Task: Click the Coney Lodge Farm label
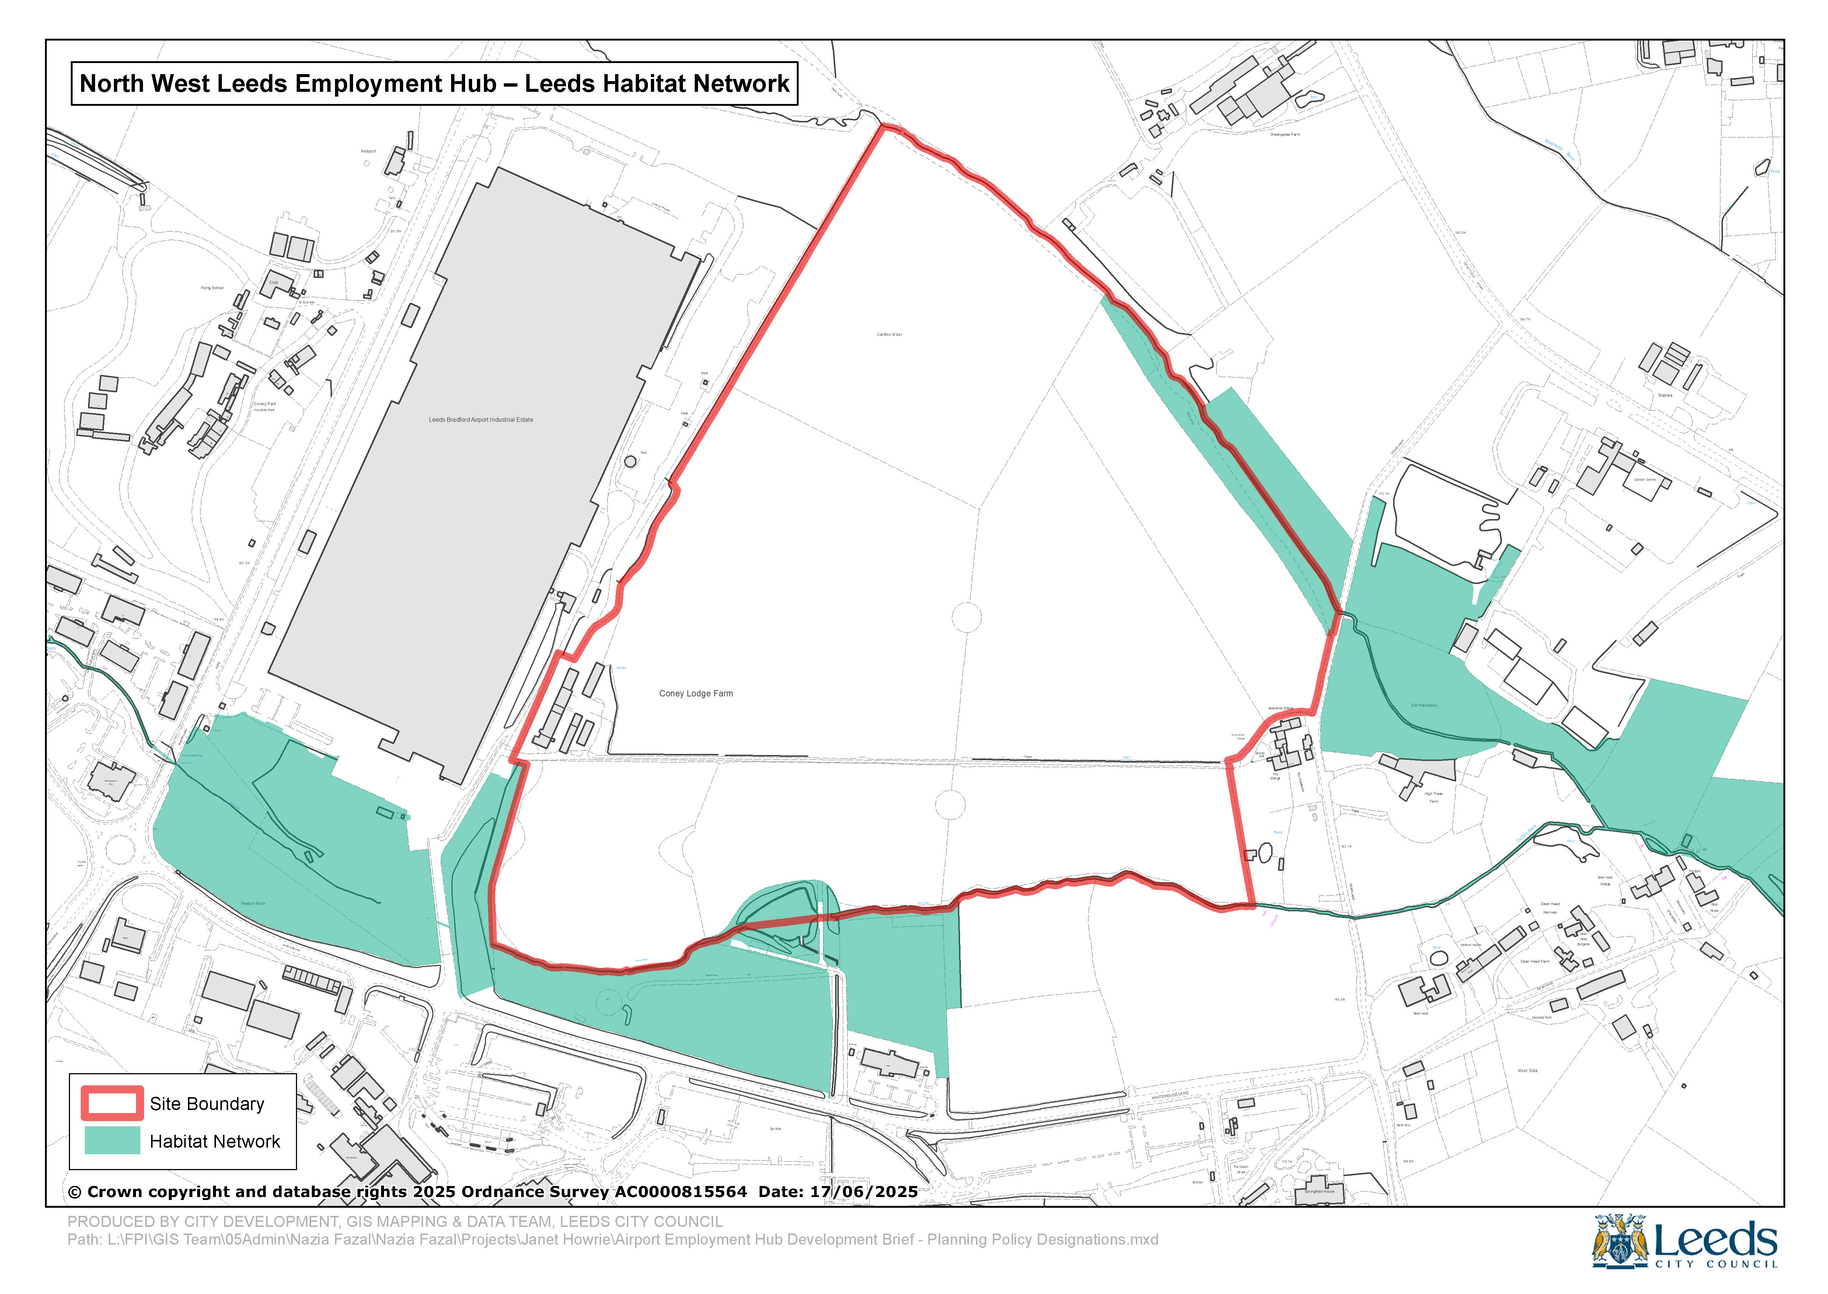(695, 693)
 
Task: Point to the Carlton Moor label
(889, 335)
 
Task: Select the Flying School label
(212, 288)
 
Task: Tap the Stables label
(1665, 395)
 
